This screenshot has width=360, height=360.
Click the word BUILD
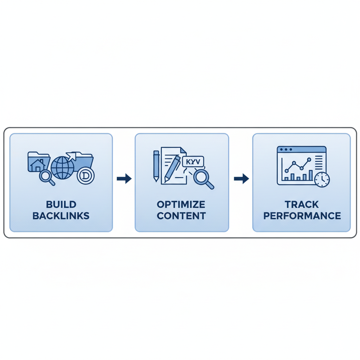pyautogui.click(x=61, y=204)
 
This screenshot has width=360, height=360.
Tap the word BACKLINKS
pyautogui.click(x=61, y=216)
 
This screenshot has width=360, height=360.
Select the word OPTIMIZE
pyautogui.click(x=181, y=204)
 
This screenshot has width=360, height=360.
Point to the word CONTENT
pyautogui.click(x=181, y=216)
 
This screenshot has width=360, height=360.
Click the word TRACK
pyautogui.click(x=302, y=204)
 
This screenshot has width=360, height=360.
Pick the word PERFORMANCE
pyautogui.click(x=302, y=216)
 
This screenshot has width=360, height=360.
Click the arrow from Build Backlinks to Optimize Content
pyautogui.click(x=124, y=179)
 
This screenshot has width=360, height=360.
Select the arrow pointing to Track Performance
pyautogui.click(x=241, y=179)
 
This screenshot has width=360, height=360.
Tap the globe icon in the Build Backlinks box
pyautogui.click(x=63, y=168)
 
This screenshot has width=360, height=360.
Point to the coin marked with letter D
pyautogui.click(x=85, y=176)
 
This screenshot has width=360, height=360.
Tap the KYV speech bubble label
pyautogui.click(x=193, y=162)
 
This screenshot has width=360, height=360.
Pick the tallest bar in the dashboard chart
pyautogui.click(x=310, y=175)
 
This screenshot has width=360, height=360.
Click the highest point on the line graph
pyautogui.click(x=309, y=160)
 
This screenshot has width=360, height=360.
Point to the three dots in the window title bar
pyautogui.click(x=285, y=150)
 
